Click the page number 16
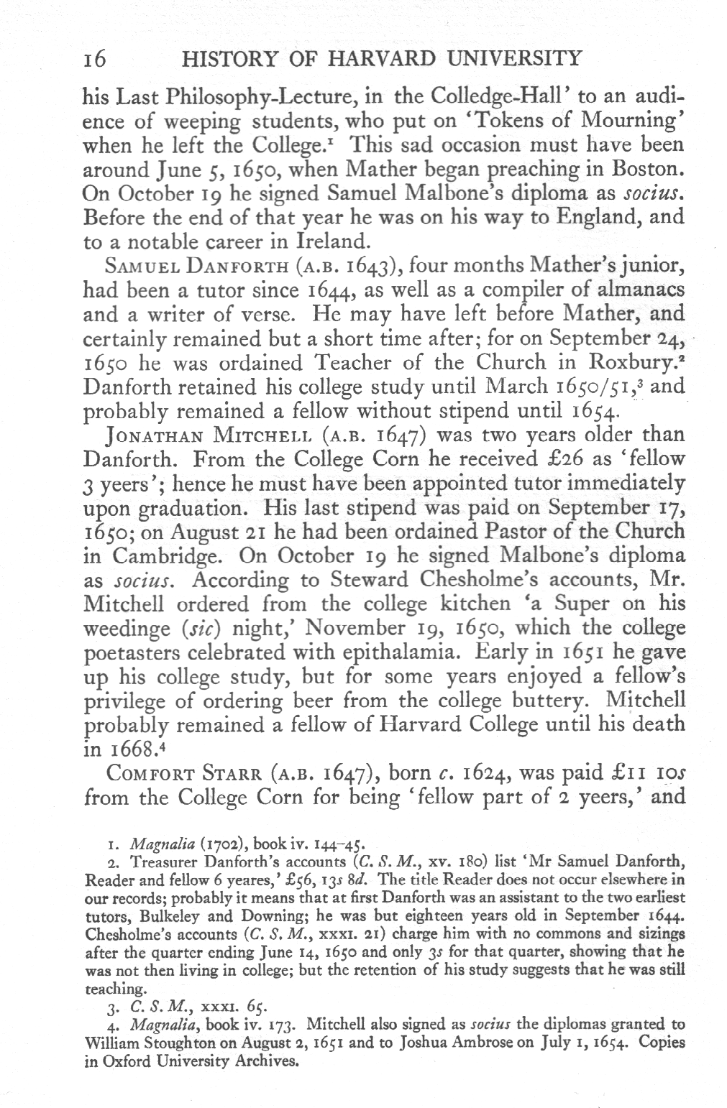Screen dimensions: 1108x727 pyautogui.click(x=95, y=60)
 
